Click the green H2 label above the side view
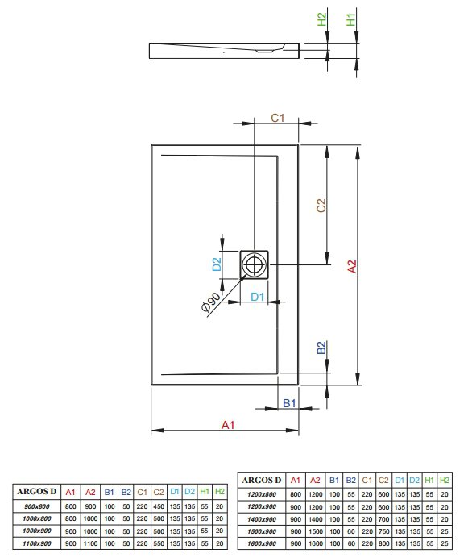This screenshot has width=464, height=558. pyautogui.click(x=321, y=19)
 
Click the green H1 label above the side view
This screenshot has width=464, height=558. pyautogui.click(x=350, y=19)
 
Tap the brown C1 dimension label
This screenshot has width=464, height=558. pyautogui.click(x=278, y=118)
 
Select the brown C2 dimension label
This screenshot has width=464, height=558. pyautogui.click(x=321, y=206)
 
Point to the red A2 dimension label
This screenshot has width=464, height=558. pyautogui.click(x=352, y=267)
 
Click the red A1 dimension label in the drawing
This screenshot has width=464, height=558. pyautogui.click(x=228, y=425)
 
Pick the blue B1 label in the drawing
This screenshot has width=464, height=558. pyautogui.click(x=289, y=403)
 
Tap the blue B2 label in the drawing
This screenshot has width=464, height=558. pyautogui.click(x=321, y=348)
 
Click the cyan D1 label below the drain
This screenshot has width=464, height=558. pyautogui.click(x=258, y=297)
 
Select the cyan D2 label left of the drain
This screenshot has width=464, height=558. pyautogui.click(x=217, y=264)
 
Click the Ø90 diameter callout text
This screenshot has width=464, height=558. pyautogui.click(x=210, y=302)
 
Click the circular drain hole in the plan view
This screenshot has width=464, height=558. pyautogui.click(x=254, y=264)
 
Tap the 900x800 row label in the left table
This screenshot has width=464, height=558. pyautogui.click(x=37, y=506)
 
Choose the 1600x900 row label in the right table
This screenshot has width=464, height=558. pyautogui.click(x=262, y=543)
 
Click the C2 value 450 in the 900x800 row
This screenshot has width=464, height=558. pyautogui.click(x=159, y=506)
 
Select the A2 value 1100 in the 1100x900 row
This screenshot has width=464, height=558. pyautogui.click(x=90, y=543)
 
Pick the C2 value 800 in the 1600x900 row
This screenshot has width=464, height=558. pyautogui.click(x=383, y=543)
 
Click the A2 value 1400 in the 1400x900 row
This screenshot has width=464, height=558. pyautogui.click(x=316, y=519)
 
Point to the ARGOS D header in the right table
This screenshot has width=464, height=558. pyautogui.click(x=262, y=480)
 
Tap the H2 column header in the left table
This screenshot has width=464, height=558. pyautogui.click(x=220, y=491)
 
